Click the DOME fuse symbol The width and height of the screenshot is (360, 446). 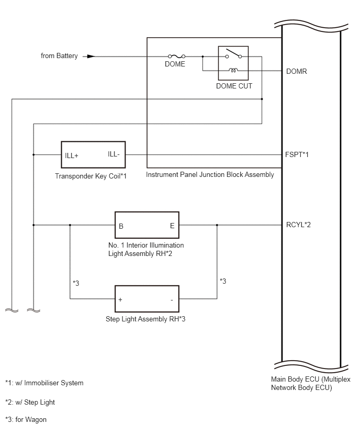click(x=176, y=57)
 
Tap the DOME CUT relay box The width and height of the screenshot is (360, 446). click(x=233, y=63)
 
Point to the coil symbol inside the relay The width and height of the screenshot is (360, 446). click(x=233, y=70)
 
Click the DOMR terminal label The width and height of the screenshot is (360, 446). click(x=297, y=71)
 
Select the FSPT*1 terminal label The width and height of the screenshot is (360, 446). click(x=297, y=154)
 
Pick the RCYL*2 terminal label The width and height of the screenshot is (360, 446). click(x=298, y=225)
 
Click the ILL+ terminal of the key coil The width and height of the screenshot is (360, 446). click(x=71, y=155)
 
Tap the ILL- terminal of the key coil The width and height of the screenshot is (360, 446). click(x=114, y=154)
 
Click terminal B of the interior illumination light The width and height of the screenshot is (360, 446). click(x=121, y=226)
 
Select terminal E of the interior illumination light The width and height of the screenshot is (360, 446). click(x=172, y=226)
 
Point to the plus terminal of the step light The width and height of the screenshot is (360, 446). click(x=120, y=299)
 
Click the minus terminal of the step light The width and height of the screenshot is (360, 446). click(x=172, y=300)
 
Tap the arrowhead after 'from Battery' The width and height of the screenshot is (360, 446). click(x=91, y=57)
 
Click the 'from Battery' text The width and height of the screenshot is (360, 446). click(x=59, y=55)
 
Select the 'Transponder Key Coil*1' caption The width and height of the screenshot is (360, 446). click(x=91, y=176)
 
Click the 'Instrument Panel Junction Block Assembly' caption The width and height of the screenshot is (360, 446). click(x=210, y=174)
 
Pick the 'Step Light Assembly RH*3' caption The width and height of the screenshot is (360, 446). click(x=145, y=319)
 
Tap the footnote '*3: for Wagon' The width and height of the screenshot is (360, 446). click(x=26, y=419)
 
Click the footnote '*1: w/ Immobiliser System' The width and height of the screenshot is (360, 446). click(x=44, y=383)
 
